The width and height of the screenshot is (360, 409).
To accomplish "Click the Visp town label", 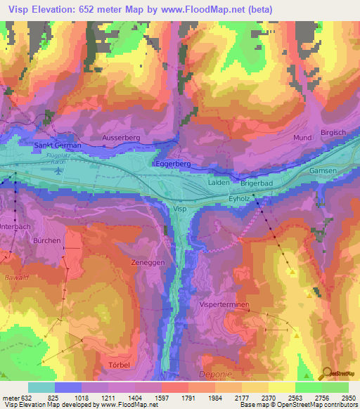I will coord(180,209).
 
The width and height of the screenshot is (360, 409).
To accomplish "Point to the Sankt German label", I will coord(58,145).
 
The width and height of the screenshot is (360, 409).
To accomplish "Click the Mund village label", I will coord(303,138).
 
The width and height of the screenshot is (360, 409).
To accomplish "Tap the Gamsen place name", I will coord(323,171).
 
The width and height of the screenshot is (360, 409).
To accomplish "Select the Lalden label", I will coord(219,182).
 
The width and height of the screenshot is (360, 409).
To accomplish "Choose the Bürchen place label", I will coord(47,240).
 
